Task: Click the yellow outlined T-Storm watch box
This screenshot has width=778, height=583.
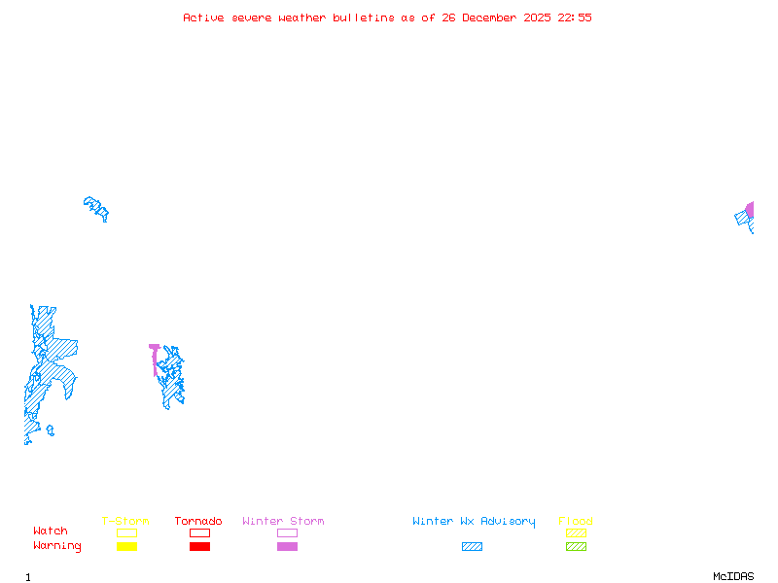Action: (x=126, y=532)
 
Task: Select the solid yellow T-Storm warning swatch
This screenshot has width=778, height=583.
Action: (x=126, y=547)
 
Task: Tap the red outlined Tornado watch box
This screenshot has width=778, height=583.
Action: (x=199, y=532)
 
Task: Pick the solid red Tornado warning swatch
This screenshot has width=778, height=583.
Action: (x=199, y=547)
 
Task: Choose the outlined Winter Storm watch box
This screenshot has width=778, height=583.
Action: (x=287, y=532)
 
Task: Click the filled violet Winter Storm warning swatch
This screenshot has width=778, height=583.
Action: (x=287, y=547)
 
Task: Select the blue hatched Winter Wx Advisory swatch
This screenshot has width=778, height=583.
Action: (x=472, y=547)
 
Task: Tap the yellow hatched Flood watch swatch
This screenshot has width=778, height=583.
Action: (x=576, y=532)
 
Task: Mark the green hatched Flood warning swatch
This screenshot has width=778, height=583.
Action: (x=576, y=547)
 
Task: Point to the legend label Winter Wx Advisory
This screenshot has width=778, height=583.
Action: (x=474, y=522)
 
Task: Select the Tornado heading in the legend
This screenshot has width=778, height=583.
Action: (x=198, y=522)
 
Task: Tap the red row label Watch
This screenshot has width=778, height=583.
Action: (x=51, y=532)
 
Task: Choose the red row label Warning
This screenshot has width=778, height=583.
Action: (x=57, y=546)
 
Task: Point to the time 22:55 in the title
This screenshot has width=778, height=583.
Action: (x=575, y=17)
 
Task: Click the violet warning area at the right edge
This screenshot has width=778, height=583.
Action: (x=750, y=210)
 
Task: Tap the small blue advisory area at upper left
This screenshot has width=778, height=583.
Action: (x=96, y=207)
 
